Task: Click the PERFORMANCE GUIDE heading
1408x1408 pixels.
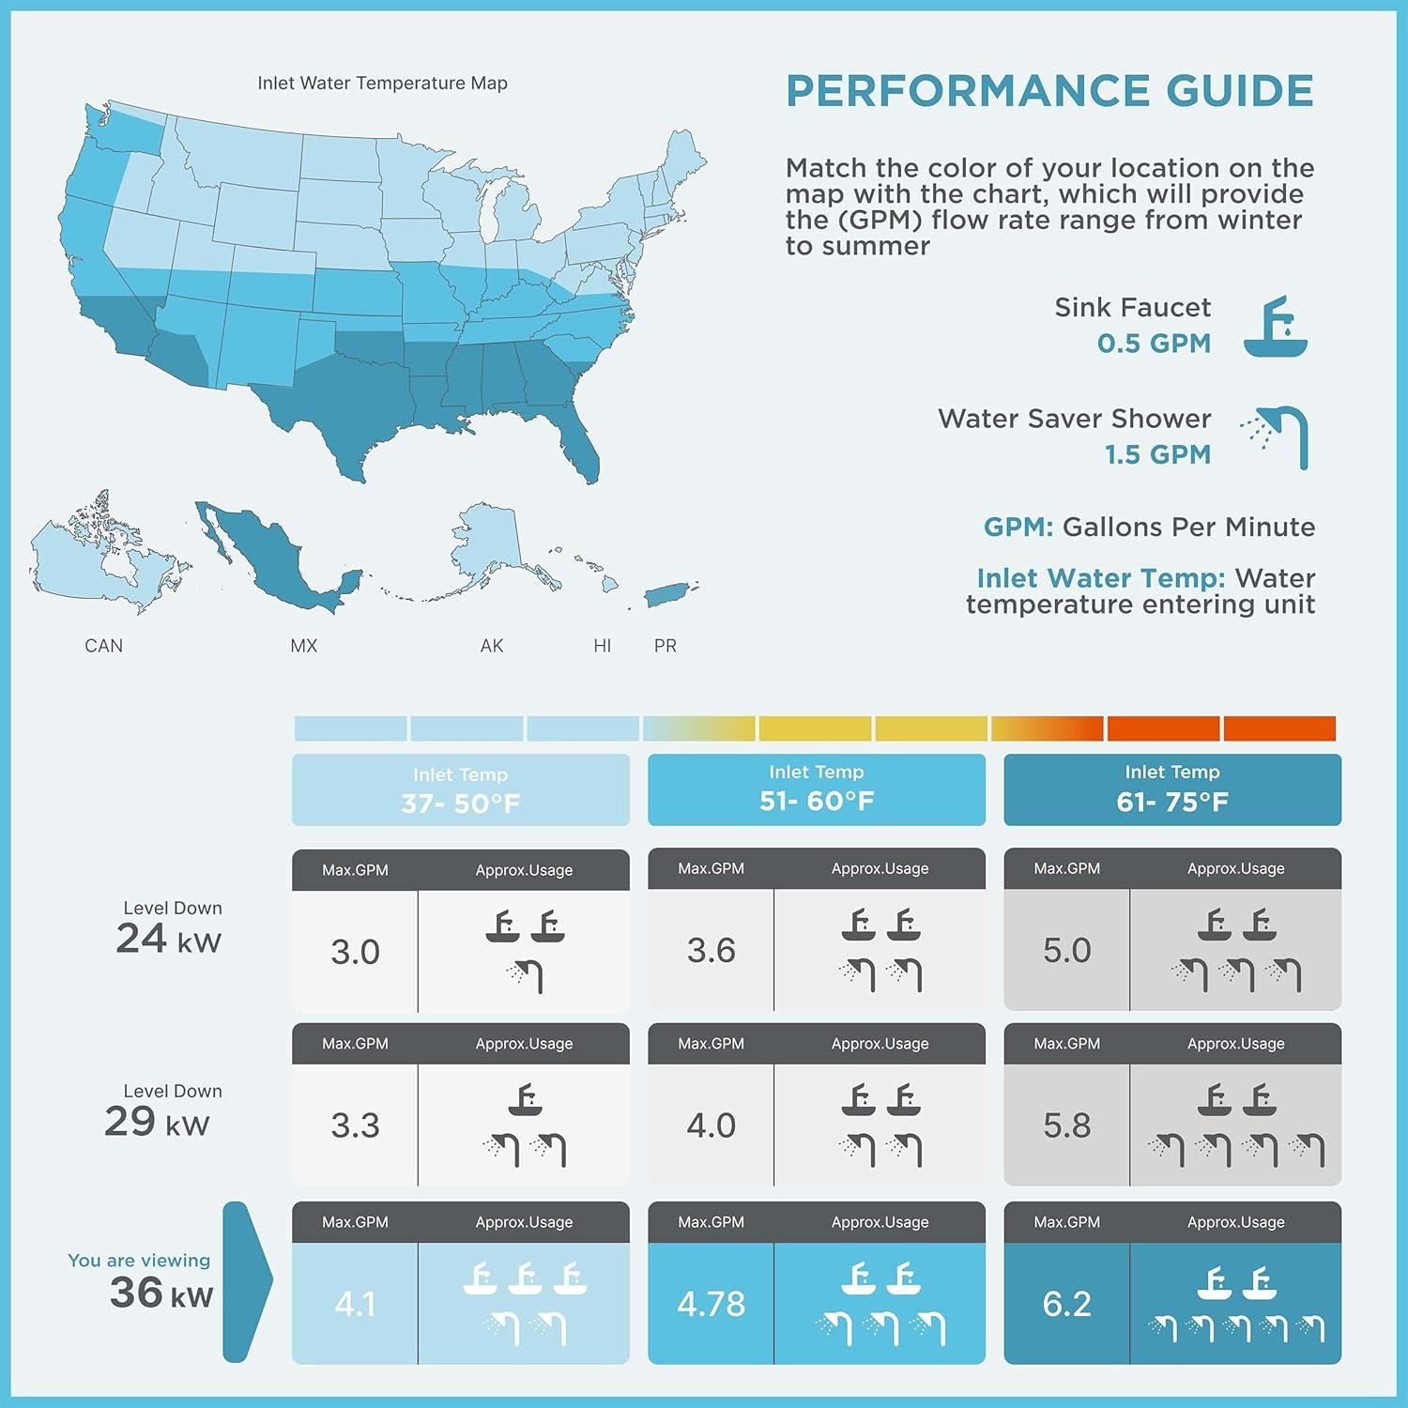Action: [x=1049, y=91]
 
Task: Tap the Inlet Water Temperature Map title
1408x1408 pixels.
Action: [x=382, y=84]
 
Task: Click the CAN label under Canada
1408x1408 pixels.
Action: [x=103, y=646]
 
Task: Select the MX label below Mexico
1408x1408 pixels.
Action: [x=303, y=646]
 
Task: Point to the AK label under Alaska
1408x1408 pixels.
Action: [x=491, y=646]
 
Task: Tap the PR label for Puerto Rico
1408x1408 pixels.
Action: [x=665, y=646]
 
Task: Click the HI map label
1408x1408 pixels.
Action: [x=602, y=646]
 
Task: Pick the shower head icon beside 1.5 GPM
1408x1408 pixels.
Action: [x=1277, y=436]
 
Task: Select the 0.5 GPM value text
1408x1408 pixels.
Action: [x=1154, y=344]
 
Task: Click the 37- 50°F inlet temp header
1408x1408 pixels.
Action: [x=460, y=790]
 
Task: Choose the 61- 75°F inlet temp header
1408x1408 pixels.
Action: [x=1171, y=789]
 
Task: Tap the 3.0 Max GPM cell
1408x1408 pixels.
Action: [x=355, y=952]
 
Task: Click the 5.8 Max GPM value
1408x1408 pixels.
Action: [x=1066, y=1125]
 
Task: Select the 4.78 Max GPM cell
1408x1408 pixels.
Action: [x=711, y=1304]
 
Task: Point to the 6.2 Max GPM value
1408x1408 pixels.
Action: [x=1066, y=1304]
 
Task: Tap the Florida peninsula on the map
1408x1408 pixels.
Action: [x=584, y=451]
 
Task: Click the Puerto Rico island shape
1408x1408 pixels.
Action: [x=669, y=593]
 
